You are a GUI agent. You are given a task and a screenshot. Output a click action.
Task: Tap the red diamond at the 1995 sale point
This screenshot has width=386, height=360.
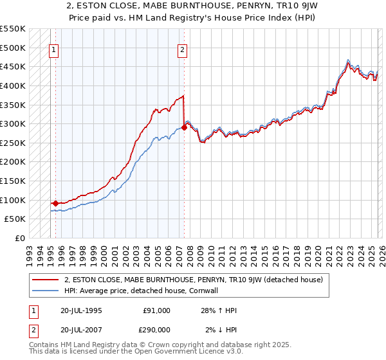(56, 203)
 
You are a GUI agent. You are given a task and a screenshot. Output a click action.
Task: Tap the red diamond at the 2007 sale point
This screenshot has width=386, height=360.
(185, 127)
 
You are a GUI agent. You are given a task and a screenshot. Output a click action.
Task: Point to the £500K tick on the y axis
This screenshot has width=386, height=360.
(13, 48)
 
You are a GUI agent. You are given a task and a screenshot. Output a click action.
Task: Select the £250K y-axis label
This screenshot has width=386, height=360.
(13, 143)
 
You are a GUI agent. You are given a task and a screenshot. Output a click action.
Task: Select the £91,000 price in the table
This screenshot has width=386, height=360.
(156, 310)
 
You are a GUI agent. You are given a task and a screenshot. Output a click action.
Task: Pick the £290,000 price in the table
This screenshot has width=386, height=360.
(156, 330)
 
